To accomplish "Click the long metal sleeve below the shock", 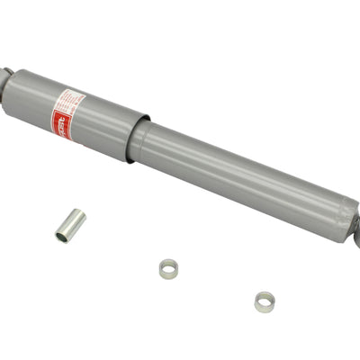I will (x=69, y=226).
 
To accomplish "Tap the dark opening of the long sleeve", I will (x=62, y=238).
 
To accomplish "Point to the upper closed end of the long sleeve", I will (x=78, y=213).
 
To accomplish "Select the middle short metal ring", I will (x=167, y=268).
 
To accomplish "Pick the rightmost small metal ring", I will (x=265, y=301).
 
